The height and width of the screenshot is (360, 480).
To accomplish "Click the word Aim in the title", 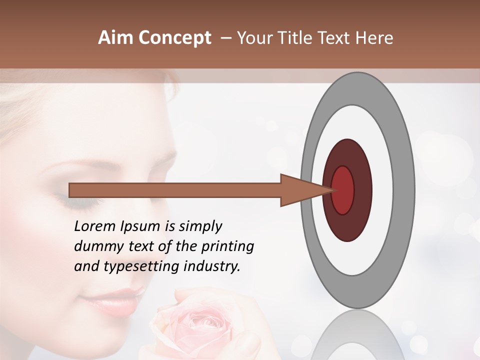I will pos(115,38).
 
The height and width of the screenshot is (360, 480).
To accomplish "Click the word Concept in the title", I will pos(174,38).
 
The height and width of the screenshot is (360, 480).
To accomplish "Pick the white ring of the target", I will pos(385,190).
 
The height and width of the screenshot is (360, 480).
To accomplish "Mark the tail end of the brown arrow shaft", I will pos(71,190).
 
